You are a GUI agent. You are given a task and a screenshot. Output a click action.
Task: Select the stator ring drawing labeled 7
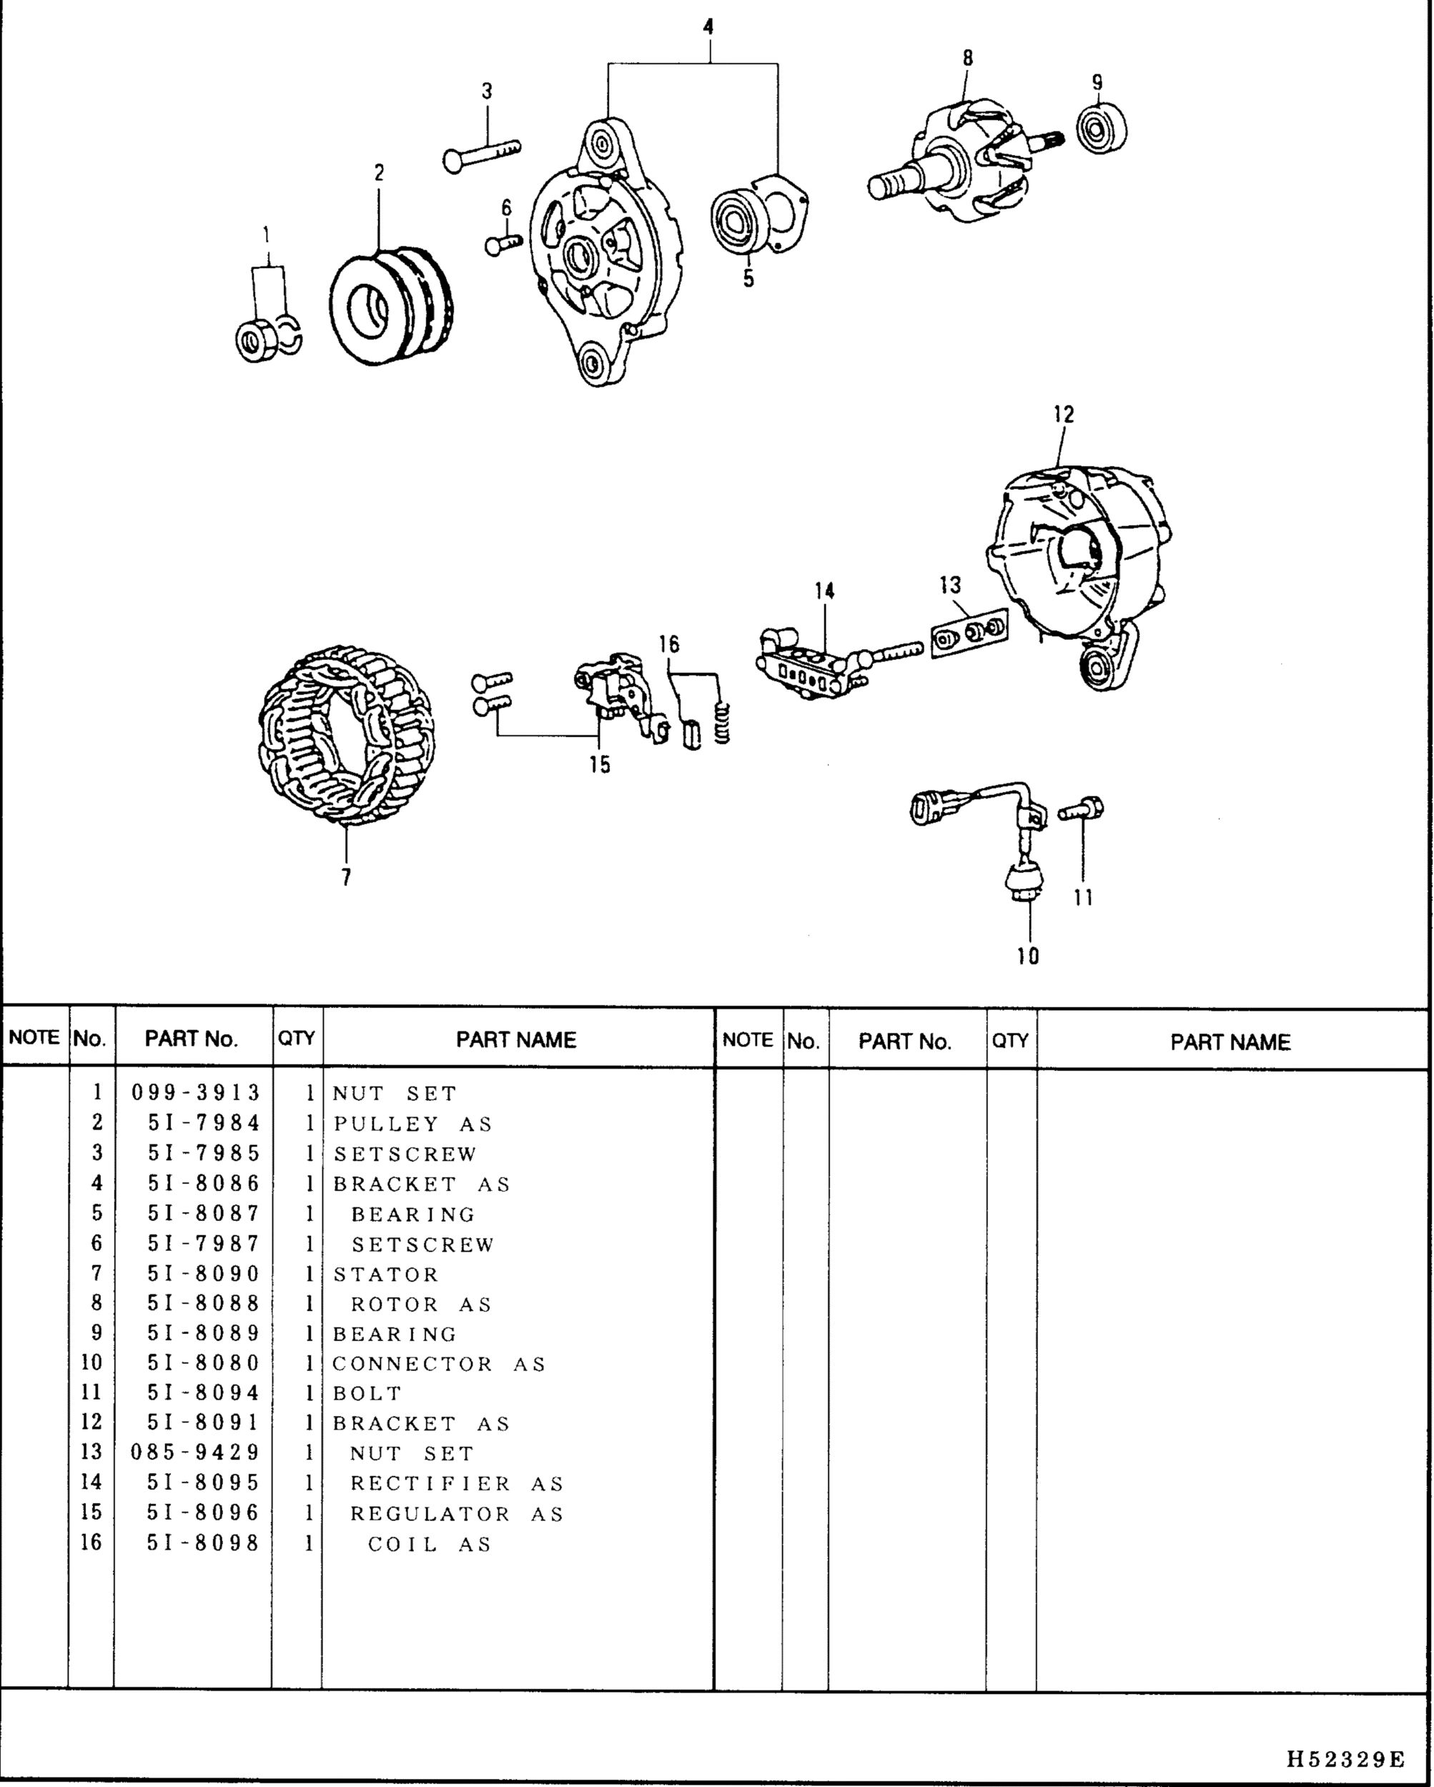(x=346, y=736)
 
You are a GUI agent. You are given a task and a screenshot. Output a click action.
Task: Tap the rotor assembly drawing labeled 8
(x=961, y=166)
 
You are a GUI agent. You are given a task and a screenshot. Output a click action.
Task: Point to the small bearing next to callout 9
(x=1102, y=129)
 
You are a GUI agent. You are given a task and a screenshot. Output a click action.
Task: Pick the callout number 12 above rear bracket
(x=1064, y=415)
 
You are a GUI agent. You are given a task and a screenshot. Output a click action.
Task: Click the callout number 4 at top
(x=708, y=27)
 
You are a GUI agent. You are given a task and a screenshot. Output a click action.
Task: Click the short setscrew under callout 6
(x=503, y=244)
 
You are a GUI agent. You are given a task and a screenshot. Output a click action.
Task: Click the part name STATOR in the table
(x=385, y=1274)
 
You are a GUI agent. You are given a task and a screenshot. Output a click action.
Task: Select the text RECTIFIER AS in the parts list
(x=456, y=1484)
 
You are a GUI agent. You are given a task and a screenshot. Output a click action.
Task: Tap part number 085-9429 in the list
(x=196, y=1453)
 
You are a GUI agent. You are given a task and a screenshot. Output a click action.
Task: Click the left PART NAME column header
(x=515, y=1039)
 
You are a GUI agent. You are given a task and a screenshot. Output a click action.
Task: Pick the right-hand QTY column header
(x=1010, y=1040)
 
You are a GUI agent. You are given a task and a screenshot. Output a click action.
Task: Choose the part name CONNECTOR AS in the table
(x=440, y=1363)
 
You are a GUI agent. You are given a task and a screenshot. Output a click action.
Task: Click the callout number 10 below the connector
(x=1028, y=956)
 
